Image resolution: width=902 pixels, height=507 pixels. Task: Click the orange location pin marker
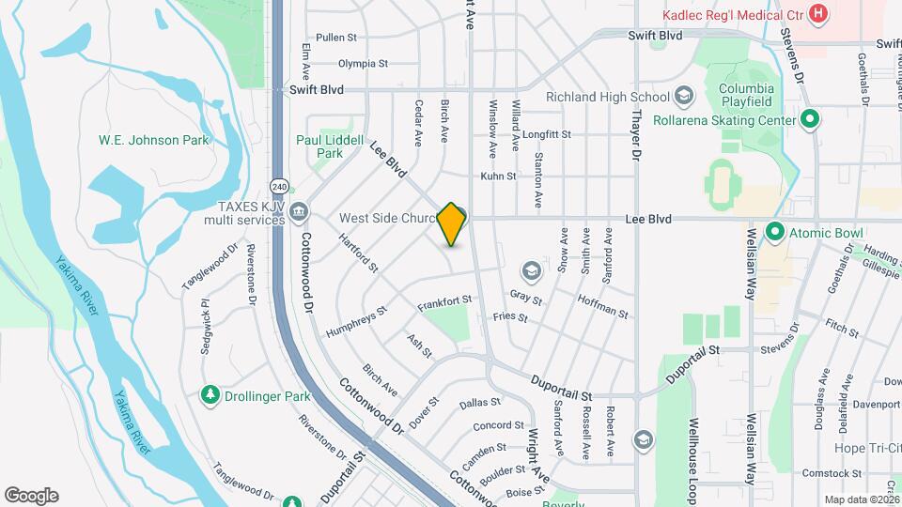452,223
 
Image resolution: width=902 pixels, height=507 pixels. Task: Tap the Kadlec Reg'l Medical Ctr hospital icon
818,13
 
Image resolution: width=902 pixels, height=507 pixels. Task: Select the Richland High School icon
683,96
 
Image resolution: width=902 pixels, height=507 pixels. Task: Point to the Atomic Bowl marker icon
775,230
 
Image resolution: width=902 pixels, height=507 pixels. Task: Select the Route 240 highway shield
279,185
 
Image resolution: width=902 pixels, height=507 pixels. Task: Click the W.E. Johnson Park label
154,141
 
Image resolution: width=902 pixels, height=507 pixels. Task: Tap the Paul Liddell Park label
330,146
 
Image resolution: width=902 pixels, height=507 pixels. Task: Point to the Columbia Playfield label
757,96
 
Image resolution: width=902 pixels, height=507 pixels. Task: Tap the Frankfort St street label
444,301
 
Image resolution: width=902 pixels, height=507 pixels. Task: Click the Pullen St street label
336,38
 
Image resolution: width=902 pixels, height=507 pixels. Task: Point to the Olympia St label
363,64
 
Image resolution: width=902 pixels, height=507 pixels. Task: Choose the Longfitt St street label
547,134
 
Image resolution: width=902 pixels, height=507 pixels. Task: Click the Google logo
31,496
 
